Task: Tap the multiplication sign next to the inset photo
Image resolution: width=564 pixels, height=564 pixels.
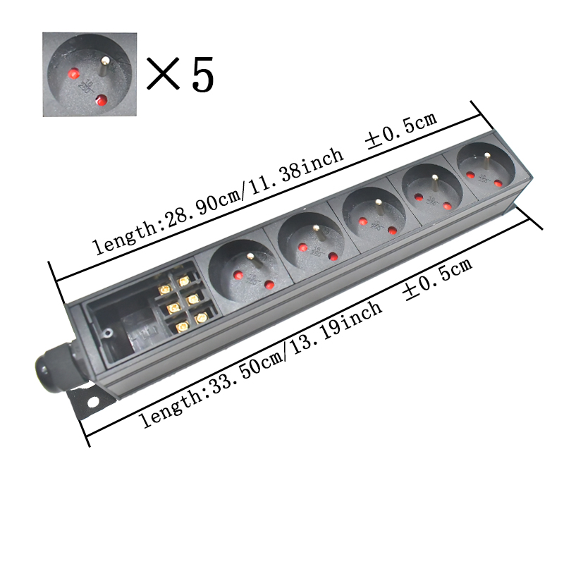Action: click(163, 73)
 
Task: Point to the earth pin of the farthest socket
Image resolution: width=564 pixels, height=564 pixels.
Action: click(486, 161)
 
